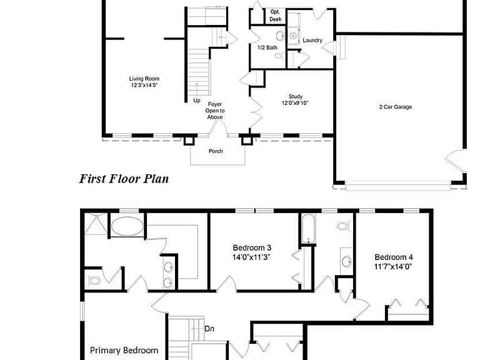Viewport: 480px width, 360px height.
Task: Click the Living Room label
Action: tap(144, 79)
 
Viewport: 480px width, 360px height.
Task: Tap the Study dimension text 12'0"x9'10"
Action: tap(295, 103)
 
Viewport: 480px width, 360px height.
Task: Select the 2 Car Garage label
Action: tap(396, 107)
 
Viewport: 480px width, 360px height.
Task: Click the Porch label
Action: tap(216, 151)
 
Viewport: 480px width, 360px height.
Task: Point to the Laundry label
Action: tap(312, 41)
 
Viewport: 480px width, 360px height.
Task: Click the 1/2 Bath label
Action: tap(267, 47)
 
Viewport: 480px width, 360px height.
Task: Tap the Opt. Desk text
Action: tap(276, 16)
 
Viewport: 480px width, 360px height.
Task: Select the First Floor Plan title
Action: tap(124, 179)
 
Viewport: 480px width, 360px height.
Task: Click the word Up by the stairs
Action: tap(197, 101)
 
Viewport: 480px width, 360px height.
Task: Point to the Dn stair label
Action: tap(209, 329)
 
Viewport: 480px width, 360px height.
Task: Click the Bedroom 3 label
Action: tap(252, 247)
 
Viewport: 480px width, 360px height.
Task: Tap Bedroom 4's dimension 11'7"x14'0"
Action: tap(393, 267)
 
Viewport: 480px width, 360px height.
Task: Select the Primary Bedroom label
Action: tap(124, 350)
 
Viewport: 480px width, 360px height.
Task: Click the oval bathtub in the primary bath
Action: tap(127, 226)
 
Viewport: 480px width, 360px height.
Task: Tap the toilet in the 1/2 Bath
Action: tap(279, 56)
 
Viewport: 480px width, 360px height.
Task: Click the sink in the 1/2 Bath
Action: tap(280, 36)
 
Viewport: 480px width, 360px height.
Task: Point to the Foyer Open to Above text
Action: tap(215, 111)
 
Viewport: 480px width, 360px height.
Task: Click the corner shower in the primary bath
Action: tap(96, 224)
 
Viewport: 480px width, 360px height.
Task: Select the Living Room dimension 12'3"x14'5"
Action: tap(144, 85)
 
